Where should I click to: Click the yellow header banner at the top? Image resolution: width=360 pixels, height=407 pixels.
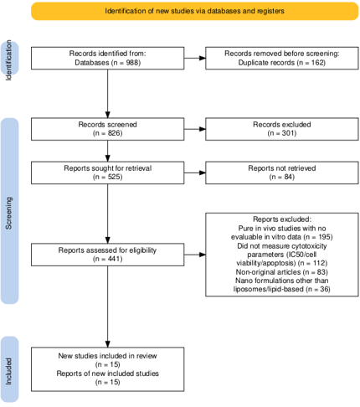(194, 11)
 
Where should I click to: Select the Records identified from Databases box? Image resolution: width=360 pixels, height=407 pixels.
(107, 58)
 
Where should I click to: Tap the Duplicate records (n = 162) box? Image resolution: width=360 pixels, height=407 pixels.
(282, 58)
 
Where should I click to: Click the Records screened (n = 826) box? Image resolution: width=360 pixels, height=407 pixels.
(107, 129)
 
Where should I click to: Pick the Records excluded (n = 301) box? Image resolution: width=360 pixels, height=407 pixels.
(282, 129)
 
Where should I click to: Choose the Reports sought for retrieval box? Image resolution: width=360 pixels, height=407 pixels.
(107, 173)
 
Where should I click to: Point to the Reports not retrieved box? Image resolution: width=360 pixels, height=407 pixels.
(282, 173)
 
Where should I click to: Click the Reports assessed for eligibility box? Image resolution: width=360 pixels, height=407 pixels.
(107, 255)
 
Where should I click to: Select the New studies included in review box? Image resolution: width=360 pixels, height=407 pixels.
(107, 369)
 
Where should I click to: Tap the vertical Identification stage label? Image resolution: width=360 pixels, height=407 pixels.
(9, 59)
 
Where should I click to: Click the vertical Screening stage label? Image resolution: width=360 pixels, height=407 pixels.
(9, 214)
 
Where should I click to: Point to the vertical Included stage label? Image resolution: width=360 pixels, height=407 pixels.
(9, 371)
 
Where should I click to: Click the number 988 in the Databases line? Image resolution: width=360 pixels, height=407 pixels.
(132, 63)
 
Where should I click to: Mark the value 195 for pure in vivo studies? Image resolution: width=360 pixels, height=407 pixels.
(324, 237)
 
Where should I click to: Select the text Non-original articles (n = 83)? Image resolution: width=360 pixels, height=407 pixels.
(282, 272)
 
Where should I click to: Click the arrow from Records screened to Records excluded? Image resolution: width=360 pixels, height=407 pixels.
(195, 129)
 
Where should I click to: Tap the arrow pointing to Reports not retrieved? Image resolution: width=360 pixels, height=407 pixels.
(195, 173)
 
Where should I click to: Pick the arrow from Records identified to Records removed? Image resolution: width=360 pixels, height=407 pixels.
(195, 58)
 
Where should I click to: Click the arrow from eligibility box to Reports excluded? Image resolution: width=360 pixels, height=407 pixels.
(195, 255)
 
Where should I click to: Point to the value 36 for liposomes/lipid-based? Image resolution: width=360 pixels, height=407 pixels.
(325, 289)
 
